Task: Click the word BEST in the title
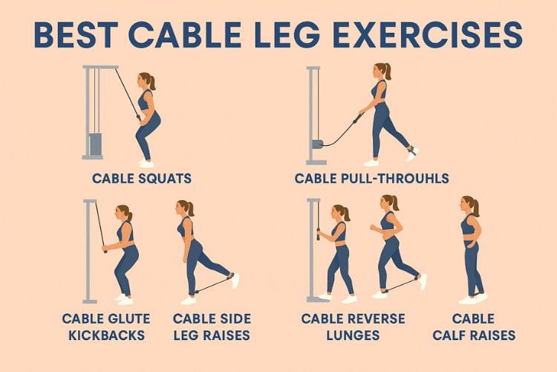pyautogui.click(x=76, y=34)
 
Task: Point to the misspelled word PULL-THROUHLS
pyautogui.click(x=394, y=179)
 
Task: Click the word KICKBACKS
pyautogui.click(x=106, y=336)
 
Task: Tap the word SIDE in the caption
pyautogui.click(x=232, y=318)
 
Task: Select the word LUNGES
pyautogui.click(x=353, y=336)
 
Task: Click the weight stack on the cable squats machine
pyautogui.click(x=96, y=144)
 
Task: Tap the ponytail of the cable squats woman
pyautogui.click(x=152, y=83)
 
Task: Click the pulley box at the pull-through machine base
pyautogui.click(x=317, y=144)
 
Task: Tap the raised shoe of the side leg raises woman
pyautogui.click(x=235, y=280)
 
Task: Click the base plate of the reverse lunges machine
pyautogui.click(x=318, y=300)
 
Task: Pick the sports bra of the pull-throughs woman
pyautogui.click(x=379, y=90)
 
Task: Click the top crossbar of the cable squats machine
pyautogui.click(x=100, y=67)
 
